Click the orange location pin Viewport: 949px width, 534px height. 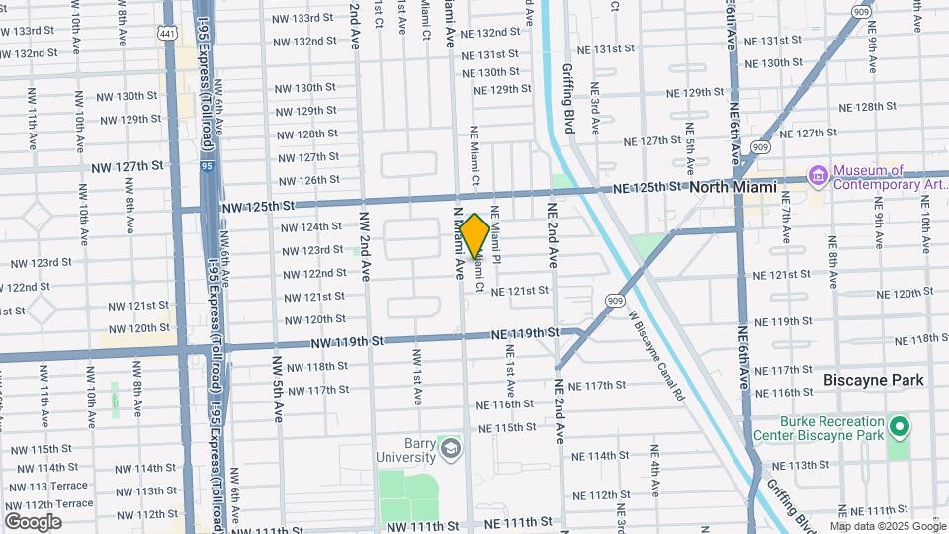pyautogui.click(x=474, y=235)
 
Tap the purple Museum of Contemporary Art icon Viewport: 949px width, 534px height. pyautogui.click(x=819, y=176)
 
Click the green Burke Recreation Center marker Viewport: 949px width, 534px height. pyautogui.click(x=899, y=427)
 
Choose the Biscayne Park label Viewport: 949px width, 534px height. pyautogui.click(x=874, y=380)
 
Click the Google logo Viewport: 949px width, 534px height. pyautogui.click(x=33, y=521)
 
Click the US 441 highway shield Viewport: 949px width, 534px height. pyautogui.click(x=168, y=33)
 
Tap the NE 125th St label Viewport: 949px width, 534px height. pyautogui.click(x=647, y=187)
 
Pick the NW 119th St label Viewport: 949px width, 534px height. pyautogui.click(x=346, y=342)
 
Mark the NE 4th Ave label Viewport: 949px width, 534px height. pyautogui.click(x=655, y=471)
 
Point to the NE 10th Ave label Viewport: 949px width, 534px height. pyautogui.click(x=925, y=226)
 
